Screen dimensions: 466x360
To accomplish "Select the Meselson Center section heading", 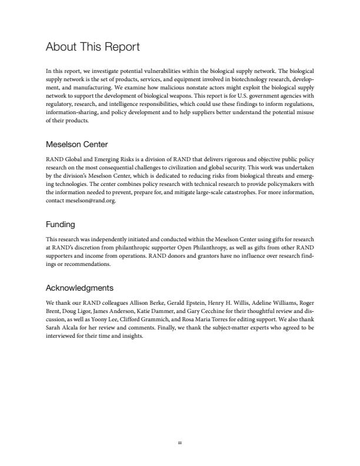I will pyautogui.click(x=77, y=144).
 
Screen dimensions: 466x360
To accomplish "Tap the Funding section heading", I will pyautogui.click(x=61, y=224).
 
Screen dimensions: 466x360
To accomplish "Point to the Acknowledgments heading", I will pyautogui.click(x=79, y=288).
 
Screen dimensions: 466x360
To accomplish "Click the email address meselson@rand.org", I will pyautogui.click(x=91, y=201).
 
